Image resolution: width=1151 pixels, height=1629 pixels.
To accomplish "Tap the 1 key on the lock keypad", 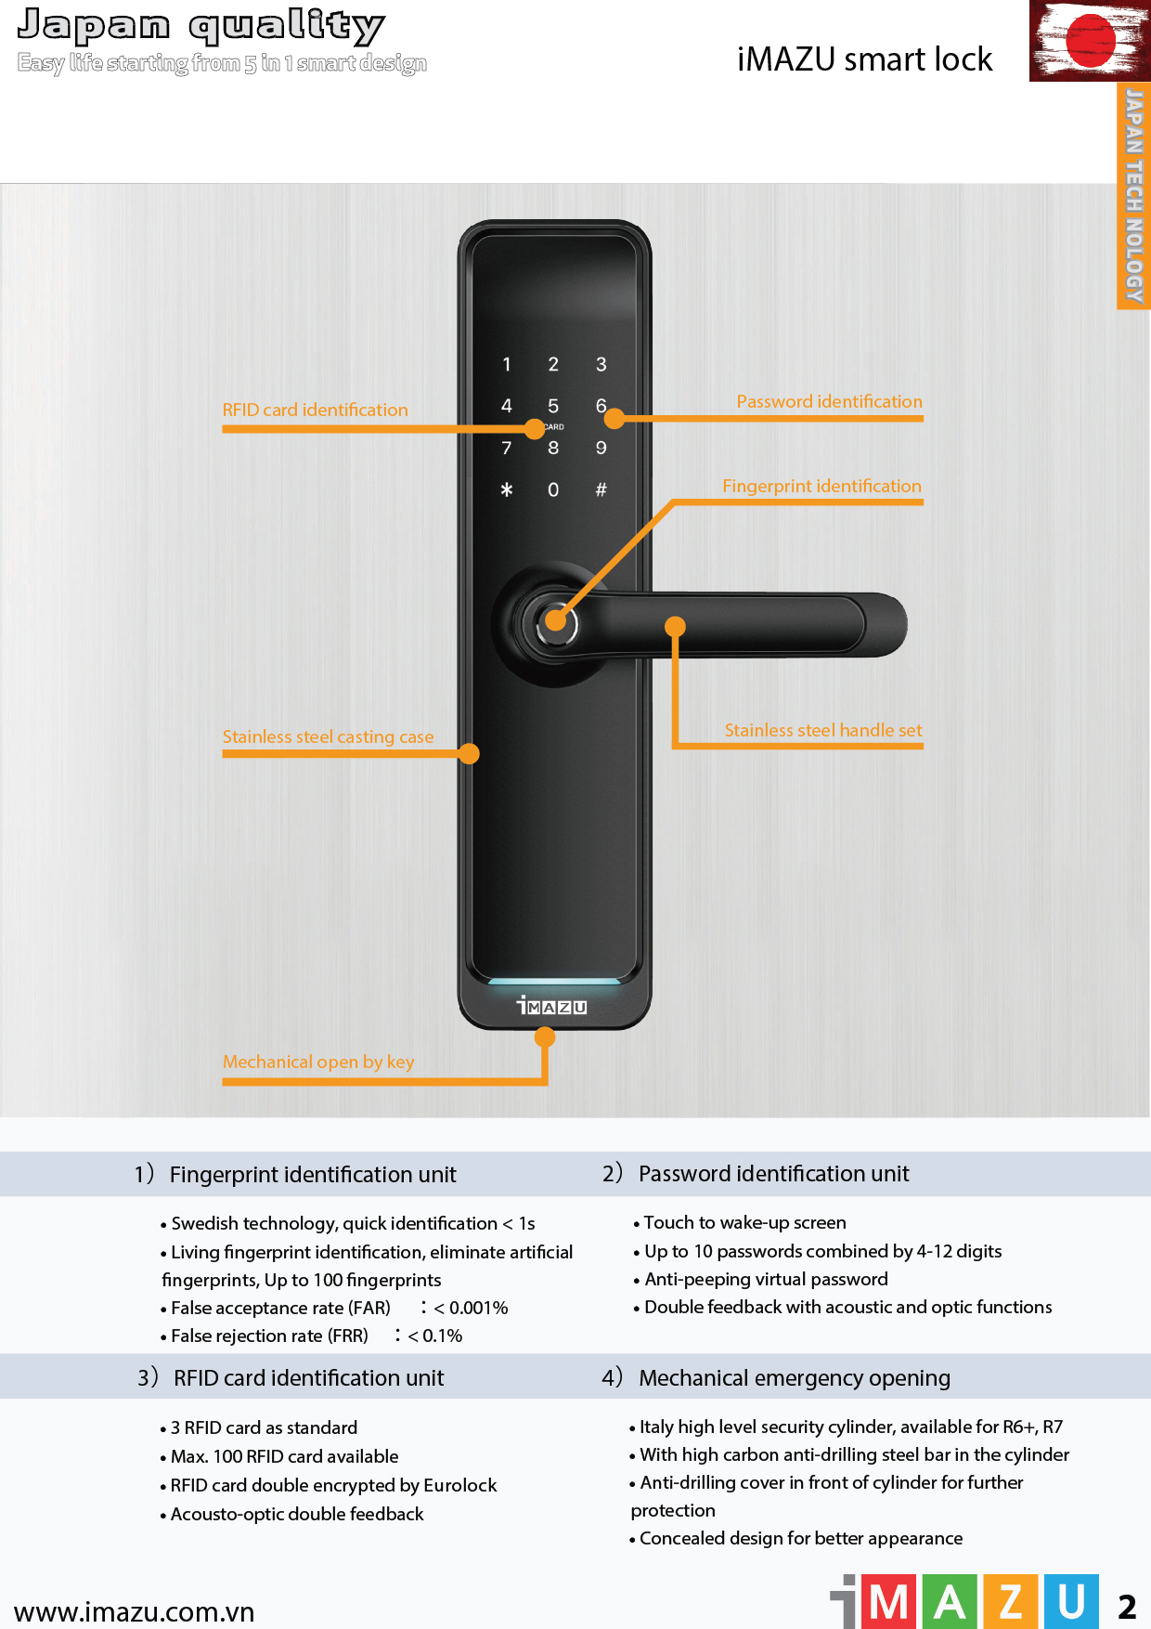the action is tap(507, 364).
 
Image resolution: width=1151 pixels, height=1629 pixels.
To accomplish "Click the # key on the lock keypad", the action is tap(601, 489).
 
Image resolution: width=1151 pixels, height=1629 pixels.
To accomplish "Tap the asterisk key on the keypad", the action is tap(507, 489).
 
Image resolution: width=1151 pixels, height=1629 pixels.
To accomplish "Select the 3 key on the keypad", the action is tap(601, 364).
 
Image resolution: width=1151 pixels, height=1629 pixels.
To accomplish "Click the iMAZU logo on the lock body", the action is tap(552, 1006).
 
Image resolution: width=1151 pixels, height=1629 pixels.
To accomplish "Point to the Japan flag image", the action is tap(1090, 41).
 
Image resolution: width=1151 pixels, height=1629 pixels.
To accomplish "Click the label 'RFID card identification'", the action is tap(316, 410).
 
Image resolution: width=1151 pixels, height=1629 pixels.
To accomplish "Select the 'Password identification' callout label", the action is tap(830, 401).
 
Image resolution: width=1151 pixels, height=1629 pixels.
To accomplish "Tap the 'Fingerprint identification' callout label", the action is tap(822, 486).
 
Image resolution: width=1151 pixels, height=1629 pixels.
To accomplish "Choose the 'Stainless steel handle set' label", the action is tap(823, 730).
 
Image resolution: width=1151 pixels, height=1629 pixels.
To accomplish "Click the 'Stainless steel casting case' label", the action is tap(328, 736).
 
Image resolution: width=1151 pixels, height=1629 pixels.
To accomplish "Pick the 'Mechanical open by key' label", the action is tap(318, 1062).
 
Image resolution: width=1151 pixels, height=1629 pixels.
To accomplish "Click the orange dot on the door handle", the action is tap(676, 627).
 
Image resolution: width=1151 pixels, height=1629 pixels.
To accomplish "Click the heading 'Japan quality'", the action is tap(200, 26).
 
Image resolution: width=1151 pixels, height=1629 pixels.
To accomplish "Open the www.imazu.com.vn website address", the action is tap(135, 1611).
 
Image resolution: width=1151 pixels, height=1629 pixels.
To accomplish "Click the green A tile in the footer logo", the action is tap(950, 1602).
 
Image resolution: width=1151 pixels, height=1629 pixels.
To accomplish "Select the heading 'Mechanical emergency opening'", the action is tap(795, 1377).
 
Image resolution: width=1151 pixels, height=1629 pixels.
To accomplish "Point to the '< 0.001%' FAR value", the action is tap(471, 1308).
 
